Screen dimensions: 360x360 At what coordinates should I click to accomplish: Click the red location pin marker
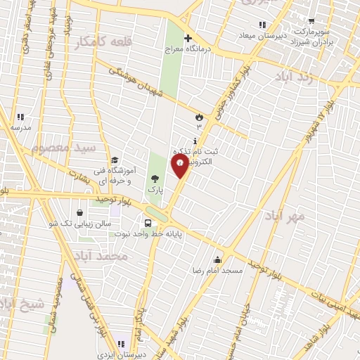click(180, 166)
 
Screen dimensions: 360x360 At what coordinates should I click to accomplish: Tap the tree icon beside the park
click(155, 178)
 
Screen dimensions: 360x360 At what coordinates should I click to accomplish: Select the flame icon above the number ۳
click(199, 116)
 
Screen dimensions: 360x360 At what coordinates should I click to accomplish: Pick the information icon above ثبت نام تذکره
click(195, 140)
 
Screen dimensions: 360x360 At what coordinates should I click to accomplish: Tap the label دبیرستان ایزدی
click(122, 354)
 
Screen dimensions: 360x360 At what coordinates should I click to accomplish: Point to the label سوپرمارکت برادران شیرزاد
click(311, 37)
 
